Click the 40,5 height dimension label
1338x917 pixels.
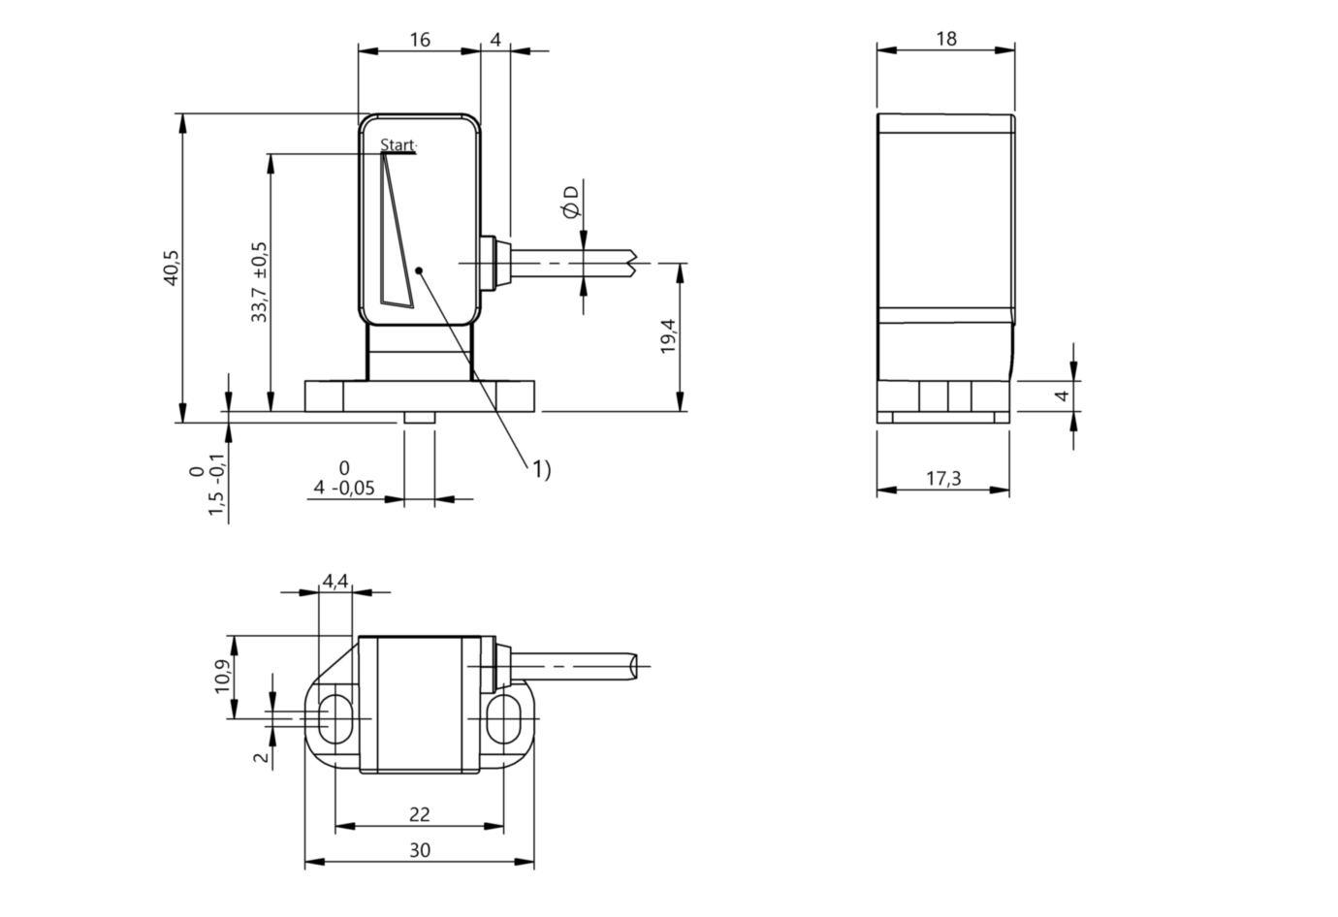[x=171, y=268]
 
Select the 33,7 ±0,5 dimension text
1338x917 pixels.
[x=259, y=282]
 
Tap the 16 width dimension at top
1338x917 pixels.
[x=419, y=40]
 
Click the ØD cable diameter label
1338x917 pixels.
[x=571, y=201]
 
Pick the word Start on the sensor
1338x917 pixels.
[x=398, y=145]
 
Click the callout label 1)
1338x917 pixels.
[x=540, y=469]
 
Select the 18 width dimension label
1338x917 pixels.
[x=946, y=39]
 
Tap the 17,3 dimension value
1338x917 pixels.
[x=942, y=478]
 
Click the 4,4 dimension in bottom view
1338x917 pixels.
[x=334, y=581]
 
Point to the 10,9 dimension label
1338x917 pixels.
[x=223, y=677]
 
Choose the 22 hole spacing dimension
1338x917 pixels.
[x=419, y=815]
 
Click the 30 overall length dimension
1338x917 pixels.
[x=419, y=850]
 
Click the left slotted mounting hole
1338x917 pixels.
[x=334, y=718]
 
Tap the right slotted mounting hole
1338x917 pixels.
[x=504, y=718]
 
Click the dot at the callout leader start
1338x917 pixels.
[x=418, y=270]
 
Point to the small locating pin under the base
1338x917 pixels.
[x=419, y=417]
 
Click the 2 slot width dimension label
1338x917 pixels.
[x=261, y=756]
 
